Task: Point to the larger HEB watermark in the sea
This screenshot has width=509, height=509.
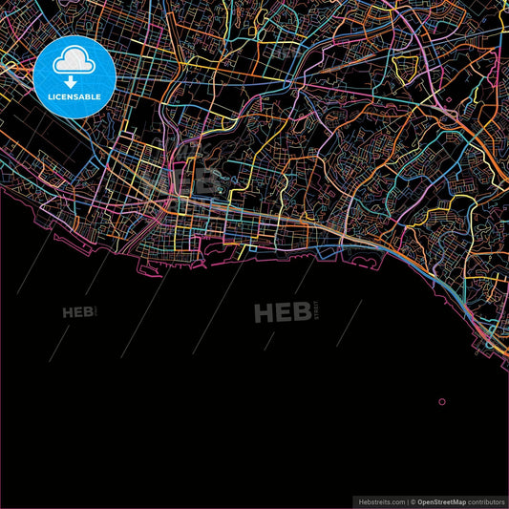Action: [x=285, y=312]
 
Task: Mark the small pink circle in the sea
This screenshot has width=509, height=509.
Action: [x=441, y=402]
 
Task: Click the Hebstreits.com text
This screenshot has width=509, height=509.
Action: [x=379, y=501]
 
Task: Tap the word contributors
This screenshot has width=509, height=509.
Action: [x=487, y=501]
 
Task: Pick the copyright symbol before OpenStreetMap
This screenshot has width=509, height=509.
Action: [x=412, y=501]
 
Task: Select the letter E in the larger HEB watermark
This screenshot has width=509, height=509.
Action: [x=285, y=312]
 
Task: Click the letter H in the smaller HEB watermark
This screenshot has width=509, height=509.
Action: [x=68, y=312]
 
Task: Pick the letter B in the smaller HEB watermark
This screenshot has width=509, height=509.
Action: [x=89, y=312]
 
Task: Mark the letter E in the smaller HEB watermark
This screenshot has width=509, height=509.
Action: [x=78, y=312]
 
